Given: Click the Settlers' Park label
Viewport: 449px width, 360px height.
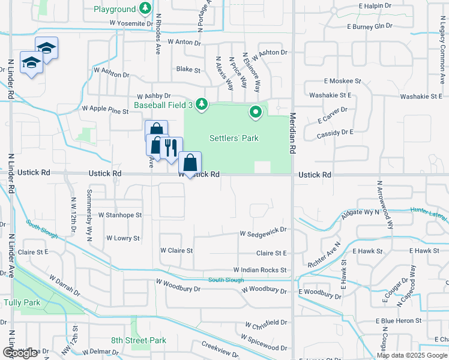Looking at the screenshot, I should click(x=234, y=139).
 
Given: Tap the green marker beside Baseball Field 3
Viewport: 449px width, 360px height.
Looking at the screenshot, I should click(x=202, y=104).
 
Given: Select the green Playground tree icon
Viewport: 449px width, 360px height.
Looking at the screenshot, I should click(x=145, y=9).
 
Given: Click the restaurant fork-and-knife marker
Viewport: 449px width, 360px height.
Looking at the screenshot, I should click(x=172, y=147).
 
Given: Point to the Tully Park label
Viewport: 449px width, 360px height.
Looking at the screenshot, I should click(x=22, y=302).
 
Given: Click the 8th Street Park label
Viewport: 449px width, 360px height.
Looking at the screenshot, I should click(x=139, y=340).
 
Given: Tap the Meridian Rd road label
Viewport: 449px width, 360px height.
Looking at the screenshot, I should click(x=294, y=134).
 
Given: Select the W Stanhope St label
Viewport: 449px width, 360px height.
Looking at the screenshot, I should click(x=120, y=214).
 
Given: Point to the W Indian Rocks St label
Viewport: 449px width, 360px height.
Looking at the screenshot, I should click(x=260, y=271).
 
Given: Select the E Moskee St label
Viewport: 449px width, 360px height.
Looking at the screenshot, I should click(x=343, y=80).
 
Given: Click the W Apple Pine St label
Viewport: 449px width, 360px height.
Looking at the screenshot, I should click(x=105, y=110).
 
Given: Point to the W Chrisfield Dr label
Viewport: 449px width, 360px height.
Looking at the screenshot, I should click(x=265, y=323).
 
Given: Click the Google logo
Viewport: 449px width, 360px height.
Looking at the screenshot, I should click(x=20, y=353).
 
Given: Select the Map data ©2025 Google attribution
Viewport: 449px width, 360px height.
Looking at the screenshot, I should click(x=412, y=355).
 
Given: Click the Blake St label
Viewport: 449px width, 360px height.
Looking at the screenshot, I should click(x=188, y=70).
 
